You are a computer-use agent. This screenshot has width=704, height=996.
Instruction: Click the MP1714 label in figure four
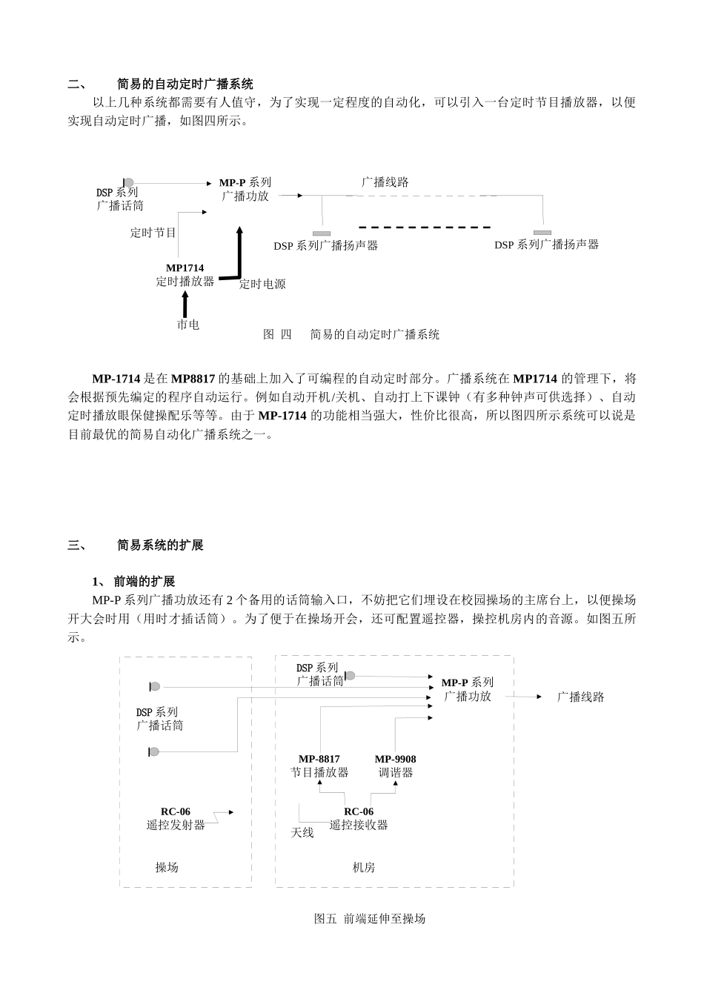(x=185, y=268)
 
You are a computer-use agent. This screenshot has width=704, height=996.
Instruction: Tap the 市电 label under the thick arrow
(x=187, y=325)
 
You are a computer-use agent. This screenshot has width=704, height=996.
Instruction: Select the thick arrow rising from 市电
(x=185, y=305)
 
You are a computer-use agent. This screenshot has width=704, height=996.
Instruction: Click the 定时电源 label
(x=262, y=284)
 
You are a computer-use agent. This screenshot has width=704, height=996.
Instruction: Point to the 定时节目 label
(x=153, y=233)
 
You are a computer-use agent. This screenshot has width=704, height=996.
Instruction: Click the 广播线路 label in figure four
(x=385, y=182)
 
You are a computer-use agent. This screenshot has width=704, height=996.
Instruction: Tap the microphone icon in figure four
(x=128, y=182)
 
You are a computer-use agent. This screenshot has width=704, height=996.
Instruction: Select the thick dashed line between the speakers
(x=425, y=227)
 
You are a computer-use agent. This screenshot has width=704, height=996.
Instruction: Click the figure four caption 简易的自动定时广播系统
(x=374, y=334)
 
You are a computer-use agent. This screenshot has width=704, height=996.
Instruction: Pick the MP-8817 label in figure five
(x=319, y=759)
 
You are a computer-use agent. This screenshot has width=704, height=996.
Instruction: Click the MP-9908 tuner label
(x=395, y=759)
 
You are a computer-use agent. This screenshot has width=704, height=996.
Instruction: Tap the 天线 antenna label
(x=302, y=833)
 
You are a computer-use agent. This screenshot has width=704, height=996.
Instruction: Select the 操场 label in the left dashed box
(x=167, y=867)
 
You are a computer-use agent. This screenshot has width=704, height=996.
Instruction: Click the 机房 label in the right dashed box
(x=364, y=867)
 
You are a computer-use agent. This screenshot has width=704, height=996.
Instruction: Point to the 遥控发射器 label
(x=176, y=825)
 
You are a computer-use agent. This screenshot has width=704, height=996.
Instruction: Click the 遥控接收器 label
(x=359, y=825)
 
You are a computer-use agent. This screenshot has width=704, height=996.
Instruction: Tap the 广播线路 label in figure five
(x=581, y=697)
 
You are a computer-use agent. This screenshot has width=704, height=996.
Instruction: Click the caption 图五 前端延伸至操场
(x=370, y=919)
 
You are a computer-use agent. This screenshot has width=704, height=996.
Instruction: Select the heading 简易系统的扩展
(x=160, y=545)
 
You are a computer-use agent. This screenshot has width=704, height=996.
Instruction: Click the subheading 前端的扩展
(x=145, y=582)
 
